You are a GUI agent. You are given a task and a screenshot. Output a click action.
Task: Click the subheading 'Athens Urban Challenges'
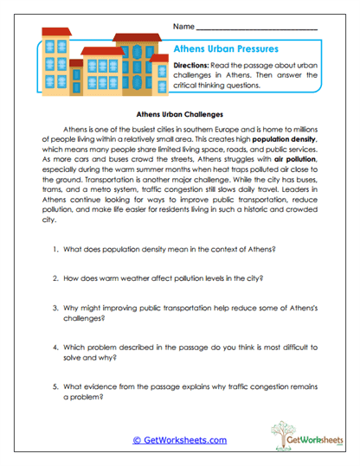(x=181, y=113)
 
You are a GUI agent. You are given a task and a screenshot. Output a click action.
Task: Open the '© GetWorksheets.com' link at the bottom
(x=180, y=440)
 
